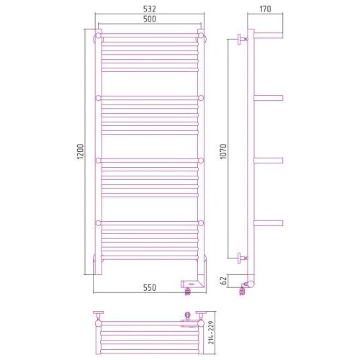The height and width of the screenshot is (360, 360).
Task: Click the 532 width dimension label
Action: (x=150, y=9)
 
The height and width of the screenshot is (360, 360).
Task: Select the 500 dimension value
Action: (x=150, y=19)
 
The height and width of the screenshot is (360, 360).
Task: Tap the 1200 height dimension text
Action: (x=81, y=151)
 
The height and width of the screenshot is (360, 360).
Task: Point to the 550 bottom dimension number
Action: (x=150, y=287)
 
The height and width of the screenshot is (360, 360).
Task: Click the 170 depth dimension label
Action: (x=265, y=9)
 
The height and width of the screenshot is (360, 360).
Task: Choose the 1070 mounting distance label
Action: (x=223, y=152)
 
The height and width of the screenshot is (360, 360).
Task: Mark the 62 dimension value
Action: (x=223, y=281)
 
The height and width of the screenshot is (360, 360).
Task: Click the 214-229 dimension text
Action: (x=211, y=333)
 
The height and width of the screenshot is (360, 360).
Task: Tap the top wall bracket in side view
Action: (x=243, y=39)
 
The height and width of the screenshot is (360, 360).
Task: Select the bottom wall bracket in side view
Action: (x=243, y=258)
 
